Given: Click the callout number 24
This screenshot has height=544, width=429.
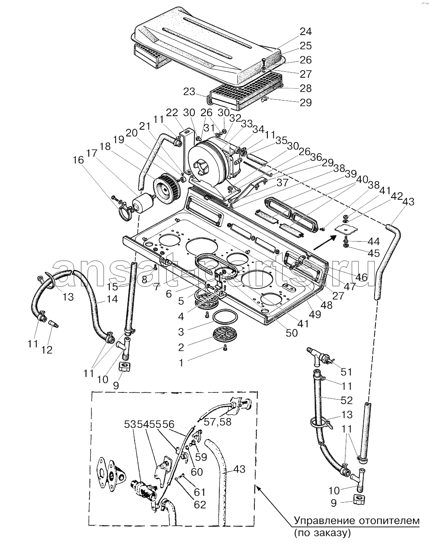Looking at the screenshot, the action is coord(306,32).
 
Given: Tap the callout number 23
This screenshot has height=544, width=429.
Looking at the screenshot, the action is coord(189,92).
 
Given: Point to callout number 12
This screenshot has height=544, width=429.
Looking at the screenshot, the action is coord(47,350).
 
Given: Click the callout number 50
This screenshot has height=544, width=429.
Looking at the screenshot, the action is coord(291,333).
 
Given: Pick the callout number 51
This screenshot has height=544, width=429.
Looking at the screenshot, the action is coord(346,372).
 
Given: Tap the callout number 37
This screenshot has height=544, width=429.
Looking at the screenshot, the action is coord(282,182).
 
